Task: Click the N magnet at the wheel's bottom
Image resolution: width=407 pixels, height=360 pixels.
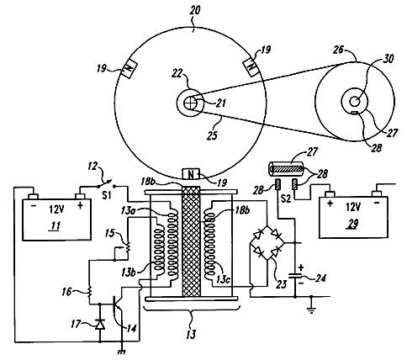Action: point(191,174)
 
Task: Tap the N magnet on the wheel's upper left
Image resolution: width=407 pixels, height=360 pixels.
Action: point(129,69)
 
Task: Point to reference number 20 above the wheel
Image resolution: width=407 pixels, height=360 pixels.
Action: point(194,11)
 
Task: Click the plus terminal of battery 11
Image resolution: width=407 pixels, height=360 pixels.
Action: point(80,197)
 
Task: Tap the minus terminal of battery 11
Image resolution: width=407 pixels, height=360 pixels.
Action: point(34,197)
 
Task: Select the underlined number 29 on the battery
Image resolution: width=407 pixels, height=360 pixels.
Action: point(353,224)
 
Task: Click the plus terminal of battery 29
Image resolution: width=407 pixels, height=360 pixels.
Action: point(330,194)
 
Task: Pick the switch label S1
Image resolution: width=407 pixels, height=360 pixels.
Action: point(107,195)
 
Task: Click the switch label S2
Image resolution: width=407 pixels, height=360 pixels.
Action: point(286,199)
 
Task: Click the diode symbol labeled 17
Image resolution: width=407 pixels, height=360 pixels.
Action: point(100,324)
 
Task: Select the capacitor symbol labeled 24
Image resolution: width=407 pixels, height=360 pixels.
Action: point(295,274)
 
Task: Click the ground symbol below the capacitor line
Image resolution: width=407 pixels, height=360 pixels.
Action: point(311,310)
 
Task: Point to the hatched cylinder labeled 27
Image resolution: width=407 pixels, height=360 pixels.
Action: point(287,168)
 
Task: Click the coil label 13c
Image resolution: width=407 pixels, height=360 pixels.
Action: point(223,279)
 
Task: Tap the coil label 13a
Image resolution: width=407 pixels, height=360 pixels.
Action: point(128,210)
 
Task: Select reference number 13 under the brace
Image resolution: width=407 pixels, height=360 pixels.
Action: point(191,334)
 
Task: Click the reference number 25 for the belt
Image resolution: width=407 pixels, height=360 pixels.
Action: point(212,135)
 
